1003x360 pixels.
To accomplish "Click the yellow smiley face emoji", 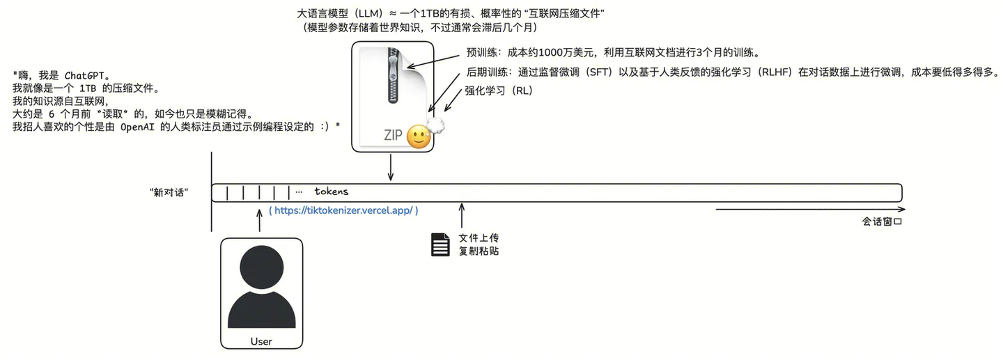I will pos(419,136).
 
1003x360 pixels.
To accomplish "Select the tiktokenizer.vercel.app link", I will pos(343,210).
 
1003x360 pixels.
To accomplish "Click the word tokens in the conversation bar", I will pos(331,191).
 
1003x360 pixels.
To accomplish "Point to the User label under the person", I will pos(261,341).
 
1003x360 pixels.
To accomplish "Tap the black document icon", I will pos(440,244).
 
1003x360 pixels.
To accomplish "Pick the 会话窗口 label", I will pos(883,222).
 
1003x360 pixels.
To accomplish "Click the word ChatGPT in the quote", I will pos(84,75).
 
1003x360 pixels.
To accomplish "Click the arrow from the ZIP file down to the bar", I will pos(391,168).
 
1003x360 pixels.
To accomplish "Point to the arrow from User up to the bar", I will pos(260,221).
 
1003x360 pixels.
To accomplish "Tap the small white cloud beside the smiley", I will pos(436,125).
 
